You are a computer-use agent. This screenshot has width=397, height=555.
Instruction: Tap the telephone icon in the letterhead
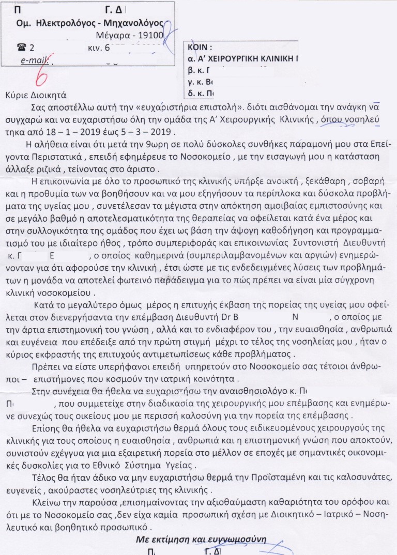21,48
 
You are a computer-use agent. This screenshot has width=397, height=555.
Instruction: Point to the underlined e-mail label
34,61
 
